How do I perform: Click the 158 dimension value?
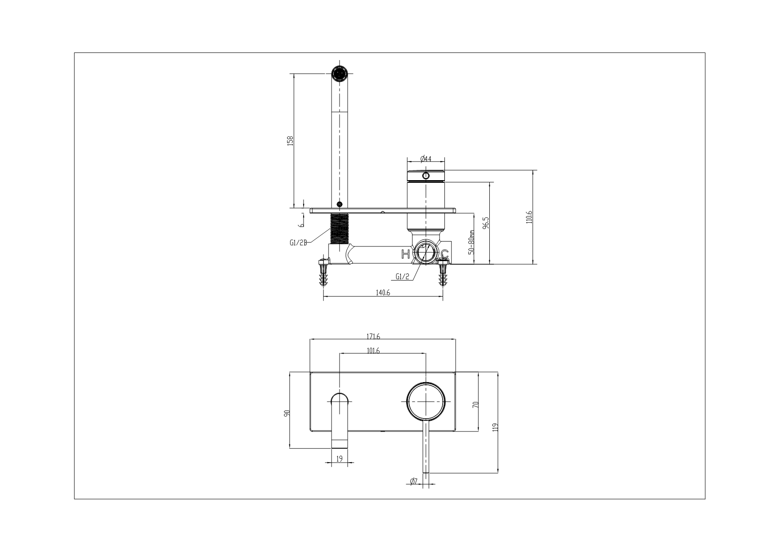(290, 141)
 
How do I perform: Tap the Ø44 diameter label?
(426, 158)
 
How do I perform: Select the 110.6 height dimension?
(529, 217)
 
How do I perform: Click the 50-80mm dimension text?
(472, 242)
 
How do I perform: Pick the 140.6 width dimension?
(383, 292)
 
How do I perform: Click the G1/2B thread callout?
(298, 242)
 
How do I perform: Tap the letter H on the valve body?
(405, 254)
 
